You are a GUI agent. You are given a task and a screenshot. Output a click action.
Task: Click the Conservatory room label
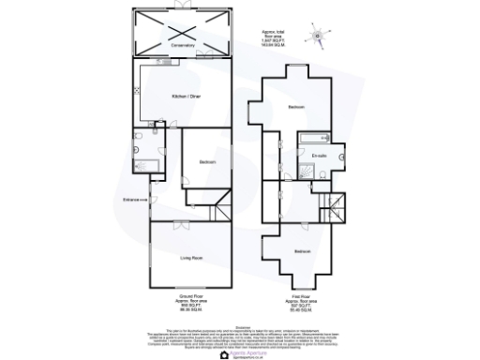click(182, 45)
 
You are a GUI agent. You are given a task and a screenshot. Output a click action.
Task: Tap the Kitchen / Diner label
click(183, 97)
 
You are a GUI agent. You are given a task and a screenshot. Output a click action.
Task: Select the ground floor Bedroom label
click(208, 162)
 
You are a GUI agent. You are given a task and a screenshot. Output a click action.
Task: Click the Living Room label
click(191, 255)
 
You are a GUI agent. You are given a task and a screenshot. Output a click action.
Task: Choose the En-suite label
click(319, 156)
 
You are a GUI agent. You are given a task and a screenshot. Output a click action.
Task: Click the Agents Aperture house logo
click(223, 354)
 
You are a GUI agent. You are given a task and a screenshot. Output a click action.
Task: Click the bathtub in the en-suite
click(310, 139)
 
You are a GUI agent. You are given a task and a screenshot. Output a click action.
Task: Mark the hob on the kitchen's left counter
click(138, 91)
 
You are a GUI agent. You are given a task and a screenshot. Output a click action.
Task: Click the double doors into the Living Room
click(175, 221)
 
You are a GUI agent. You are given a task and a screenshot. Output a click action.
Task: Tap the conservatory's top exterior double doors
click(182, 8)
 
